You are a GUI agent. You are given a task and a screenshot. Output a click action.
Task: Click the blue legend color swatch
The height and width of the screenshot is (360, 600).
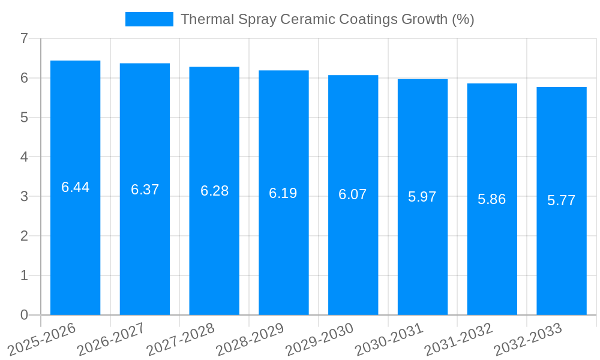pos(149,19)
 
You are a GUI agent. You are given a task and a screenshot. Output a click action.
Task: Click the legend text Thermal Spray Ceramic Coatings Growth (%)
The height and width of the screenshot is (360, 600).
pos(327,19)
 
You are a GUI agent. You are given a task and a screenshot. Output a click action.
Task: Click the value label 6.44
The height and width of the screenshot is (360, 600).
pos(75,187)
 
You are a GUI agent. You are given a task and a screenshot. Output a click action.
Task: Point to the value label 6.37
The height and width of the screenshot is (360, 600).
pos(145,190)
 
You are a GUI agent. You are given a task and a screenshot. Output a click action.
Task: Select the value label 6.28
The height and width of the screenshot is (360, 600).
pos(214,191)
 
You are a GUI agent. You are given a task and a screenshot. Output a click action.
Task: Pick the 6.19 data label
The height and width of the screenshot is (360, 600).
pos(283,193)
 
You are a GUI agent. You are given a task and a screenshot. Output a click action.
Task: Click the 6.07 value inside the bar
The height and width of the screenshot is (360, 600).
pos(353,194)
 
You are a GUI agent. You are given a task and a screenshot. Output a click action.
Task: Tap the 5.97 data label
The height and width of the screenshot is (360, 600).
pos(422,197)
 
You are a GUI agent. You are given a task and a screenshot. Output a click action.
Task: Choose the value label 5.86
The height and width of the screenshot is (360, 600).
pos(492,199)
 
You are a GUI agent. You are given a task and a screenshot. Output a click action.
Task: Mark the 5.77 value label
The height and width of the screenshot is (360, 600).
pos(562,200)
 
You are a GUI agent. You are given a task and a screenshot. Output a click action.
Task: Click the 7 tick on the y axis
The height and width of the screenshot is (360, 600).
pos(24,38)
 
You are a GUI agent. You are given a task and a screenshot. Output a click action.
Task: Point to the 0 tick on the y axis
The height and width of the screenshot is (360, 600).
pos(24,315)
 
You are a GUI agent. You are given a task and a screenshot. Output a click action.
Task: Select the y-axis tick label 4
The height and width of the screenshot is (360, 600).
pos(24,157)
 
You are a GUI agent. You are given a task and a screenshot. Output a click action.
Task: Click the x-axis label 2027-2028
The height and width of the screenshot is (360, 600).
pos(181,339)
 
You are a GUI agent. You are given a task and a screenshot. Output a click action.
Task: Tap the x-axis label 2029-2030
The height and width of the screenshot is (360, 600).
pos(320,339)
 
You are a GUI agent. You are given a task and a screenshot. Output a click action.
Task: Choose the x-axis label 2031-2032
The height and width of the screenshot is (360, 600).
pos(458,339)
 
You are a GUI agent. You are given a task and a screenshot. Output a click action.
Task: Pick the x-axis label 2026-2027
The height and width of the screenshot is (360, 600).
pos(111,339)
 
